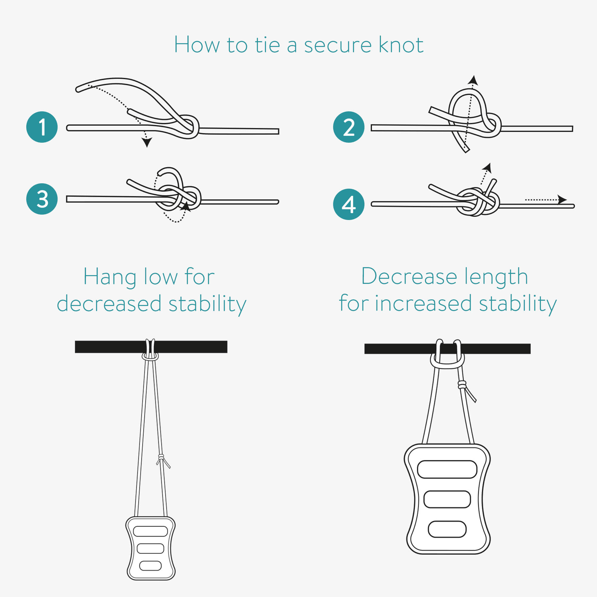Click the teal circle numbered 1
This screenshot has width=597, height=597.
[x=42, y=127]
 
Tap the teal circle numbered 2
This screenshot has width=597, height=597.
[x=349, y=127]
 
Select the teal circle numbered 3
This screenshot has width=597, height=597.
[x=42, y=199]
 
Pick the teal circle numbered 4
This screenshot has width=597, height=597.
[x=349, y=204]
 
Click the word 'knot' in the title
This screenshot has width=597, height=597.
[x=401, y=44]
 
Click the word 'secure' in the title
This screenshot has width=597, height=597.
[x=338, y=46]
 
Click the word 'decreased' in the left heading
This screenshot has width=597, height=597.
[x=109, y=303]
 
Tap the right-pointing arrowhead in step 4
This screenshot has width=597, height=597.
[x=562, y=200]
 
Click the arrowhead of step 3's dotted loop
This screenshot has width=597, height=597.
[x=185, y=207]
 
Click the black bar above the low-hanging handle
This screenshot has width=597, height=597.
[x=151, y=347]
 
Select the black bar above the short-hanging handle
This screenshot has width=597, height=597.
[x=447, y=349]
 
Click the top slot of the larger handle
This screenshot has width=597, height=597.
[x=447, y=469]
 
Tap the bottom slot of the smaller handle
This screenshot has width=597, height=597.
[x=150, y=566]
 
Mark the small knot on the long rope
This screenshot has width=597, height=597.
[x=161, y=457]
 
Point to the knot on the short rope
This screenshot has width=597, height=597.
[x=462, y=385]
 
